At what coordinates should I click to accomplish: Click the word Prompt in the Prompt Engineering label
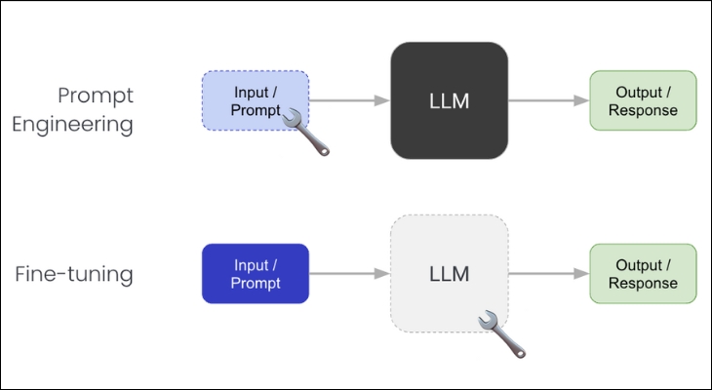pyautogui.click(x=95, y=96)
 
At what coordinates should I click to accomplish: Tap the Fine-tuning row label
pyautogui.click(x=74, y=275)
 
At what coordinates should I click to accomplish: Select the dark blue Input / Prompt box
pyautogui.click(x=255, y=274)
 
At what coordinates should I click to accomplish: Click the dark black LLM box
pyautogui.click(x=449, y=100)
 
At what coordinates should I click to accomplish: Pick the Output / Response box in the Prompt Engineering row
pyautogui.click(x=643, y=100)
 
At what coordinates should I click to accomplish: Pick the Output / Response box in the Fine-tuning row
pyautogui.click(x=643, y=274)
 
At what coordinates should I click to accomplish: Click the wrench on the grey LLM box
pyautogui.click(x=502, y=331)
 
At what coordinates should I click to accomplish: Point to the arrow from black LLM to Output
pyautogui.click(x=547, y=100)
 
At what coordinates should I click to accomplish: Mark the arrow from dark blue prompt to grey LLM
pyautogui.click(x=349, y=274)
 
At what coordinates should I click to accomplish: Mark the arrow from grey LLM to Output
pyautogui.click(x=547, y=274)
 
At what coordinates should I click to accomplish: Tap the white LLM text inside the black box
pyautogui.click(x=449, y=101)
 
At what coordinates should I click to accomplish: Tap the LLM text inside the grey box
pyautogui.click(x=449, y=274)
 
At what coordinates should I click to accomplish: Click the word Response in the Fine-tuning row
pyautogui.click(x=643, y=284)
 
